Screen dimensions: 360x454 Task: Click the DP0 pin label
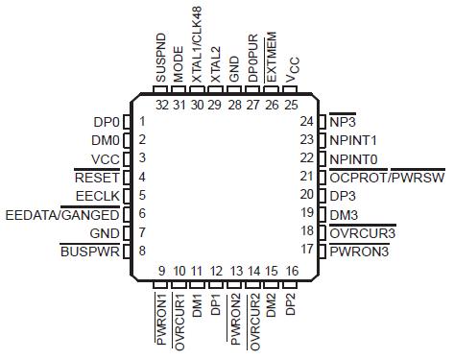[105, 122]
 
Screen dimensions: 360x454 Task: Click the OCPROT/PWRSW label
[387, 177]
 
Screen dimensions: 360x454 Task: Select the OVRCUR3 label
[363, 232]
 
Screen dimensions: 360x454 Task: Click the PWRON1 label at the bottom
[161, 323]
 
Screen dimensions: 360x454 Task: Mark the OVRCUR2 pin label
[254, 324]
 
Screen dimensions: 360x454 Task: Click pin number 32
[161, 104]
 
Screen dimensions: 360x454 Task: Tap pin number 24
[307, 122]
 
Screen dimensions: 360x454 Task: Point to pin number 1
[142, 122]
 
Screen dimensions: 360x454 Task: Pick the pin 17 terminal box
[322, 251]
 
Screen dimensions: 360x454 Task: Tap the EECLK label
[97, 196]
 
